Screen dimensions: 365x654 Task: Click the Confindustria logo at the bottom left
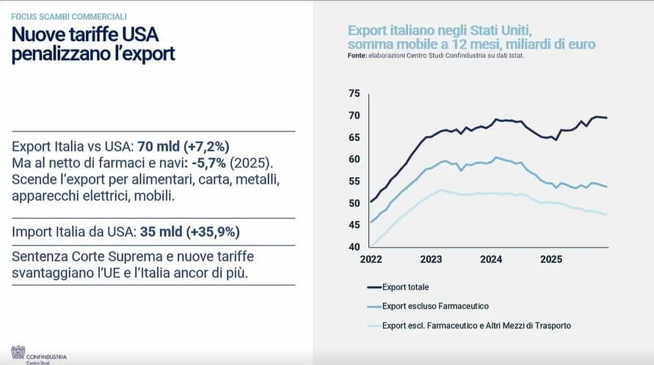pyautogui.click(x=18, y=353)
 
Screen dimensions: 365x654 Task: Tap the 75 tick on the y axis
pyautogui.click(x=355, y=93)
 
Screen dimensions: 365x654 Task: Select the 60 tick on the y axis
pyautogui.click(x=355, y=159)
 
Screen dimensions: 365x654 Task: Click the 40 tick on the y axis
pyautogui.click(x=355, y=247)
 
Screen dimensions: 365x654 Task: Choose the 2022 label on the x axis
pyautogui.click(x=371, y=259)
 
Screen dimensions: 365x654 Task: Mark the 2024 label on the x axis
pyautogui.click(x=490, y=259)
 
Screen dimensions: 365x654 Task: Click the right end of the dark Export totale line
pyautogui.click(x=606, y=118)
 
